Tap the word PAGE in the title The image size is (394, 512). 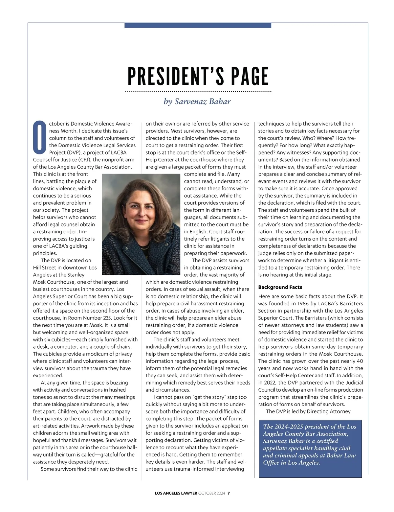tap(250, 77)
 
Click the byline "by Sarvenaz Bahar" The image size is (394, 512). tap(197, 101)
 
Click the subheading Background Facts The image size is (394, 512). tap(280, 287)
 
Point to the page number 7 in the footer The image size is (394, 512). tap(229, 493)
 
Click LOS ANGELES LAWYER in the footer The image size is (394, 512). tap(176, 493)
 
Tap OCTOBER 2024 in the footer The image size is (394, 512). tap(212, 493)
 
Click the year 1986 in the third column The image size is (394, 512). tap(302, 303)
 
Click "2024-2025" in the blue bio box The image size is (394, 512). tap(288, 427)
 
